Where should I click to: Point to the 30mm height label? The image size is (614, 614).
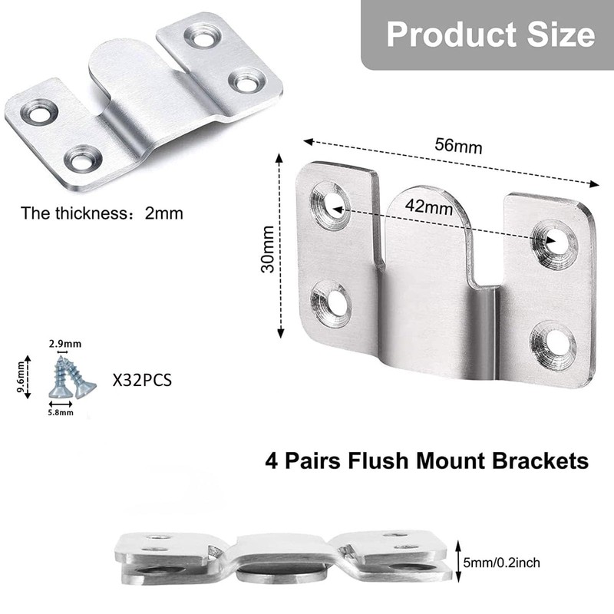[x=266, y=244]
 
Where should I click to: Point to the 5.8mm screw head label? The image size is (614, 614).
[x=61, y=413]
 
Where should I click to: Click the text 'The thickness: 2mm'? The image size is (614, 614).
[x=102, y=213]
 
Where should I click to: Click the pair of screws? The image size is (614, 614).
[x=70, y=376]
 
